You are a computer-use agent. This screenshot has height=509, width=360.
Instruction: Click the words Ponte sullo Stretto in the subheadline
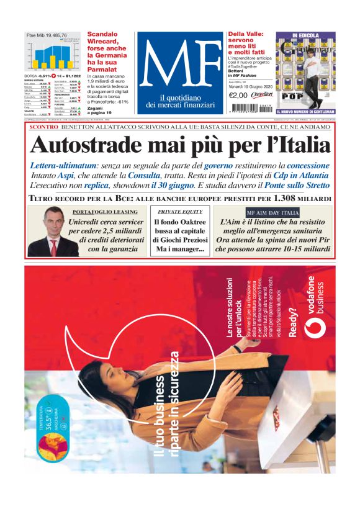pos(295,185)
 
